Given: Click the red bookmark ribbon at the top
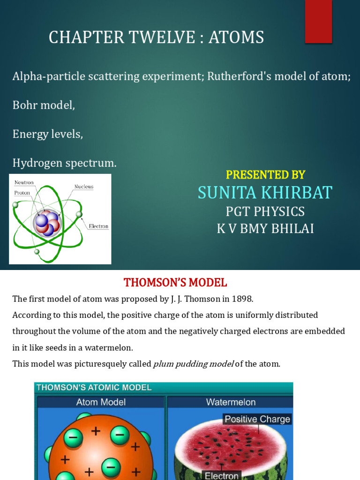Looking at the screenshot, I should [319, 22].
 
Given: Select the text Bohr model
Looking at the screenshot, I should [44, 105].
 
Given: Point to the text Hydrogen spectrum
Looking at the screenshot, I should [64, 163].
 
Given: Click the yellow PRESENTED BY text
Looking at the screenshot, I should [265, 175].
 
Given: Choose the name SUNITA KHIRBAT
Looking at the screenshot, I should [265, 193].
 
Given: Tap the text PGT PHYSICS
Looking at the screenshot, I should [265, 212].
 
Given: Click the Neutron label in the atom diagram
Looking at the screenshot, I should [24, 182].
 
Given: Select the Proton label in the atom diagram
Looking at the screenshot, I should [22, 193].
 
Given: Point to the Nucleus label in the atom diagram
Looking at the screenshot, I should [84, 187].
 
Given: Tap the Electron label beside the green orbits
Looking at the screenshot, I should [98, 226].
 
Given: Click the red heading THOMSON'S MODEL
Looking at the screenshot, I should [175, 283].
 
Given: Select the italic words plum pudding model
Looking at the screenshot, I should [193, 364].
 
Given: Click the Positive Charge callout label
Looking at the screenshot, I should [257, 419].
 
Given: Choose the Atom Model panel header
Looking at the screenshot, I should [100, 402].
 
